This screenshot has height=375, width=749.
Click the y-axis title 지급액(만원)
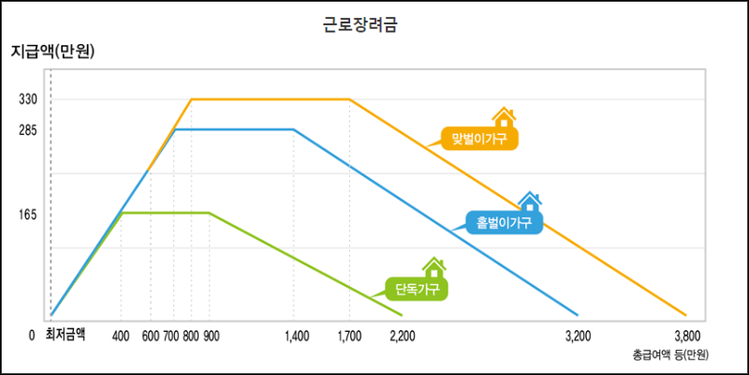(x=52, y=51)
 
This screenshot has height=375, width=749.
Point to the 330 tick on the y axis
(x=27, y=98)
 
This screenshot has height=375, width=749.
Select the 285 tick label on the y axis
(x=27, y=129)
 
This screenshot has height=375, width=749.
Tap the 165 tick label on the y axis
(x=27, y=214)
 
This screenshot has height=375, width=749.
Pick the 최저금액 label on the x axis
(x=66, y=334)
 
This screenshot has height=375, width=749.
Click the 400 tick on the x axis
(x=121, y=335)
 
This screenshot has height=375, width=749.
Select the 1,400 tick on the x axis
(x=295, y=335)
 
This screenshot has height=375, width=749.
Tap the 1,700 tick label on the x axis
(x=349, y=335)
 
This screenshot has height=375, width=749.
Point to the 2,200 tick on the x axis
(x=403, y=335)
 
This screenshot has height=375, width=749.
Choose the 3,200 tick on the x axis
(x=579, y=335)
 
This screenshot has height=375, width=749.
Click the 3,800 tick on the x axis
(x=686, y=335)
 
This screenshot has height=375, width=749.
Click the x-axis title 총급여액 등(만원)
(x=669, y=354)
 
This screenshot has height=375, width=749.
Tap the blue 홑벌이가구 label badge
(x=504, y=222)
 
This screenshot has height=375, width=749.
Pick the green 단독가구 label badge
(x=417, y=287)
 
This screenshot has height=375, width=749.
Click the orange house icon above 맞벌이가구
(x=504, y=117)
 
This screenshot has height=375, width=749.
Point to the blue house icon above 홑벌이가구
(x=530, y=201)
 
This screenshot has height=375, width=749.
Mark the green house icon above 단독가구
(x=433, y=267)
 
